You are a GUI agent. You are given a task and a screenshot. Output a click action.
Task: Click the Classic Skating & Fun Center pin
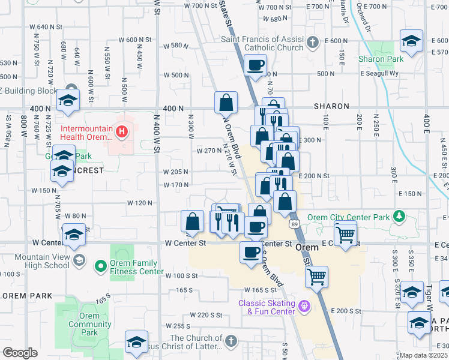coord(305,307)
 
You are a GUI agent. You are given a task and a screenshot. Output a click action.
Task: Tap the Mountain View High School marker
coord(82,262)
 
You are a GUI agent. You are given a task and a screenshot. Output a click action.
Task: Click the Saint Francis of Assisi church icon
coord(312,43)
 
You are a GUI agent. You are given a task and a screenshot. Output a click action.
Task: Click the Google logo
coord(20,353)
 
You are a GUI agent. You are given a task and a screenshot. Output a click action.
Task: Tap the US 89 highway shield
coord(294,224)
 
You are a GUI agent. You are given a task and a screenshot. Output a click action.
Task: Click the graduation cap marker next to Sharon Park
coord(411,41)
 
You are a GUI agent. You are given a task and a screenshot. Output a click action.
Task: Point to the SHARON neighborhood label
coord(331,106)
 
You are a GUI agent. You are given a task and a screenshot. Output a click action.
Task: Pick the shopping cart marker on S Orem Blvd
coord(316,277)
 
